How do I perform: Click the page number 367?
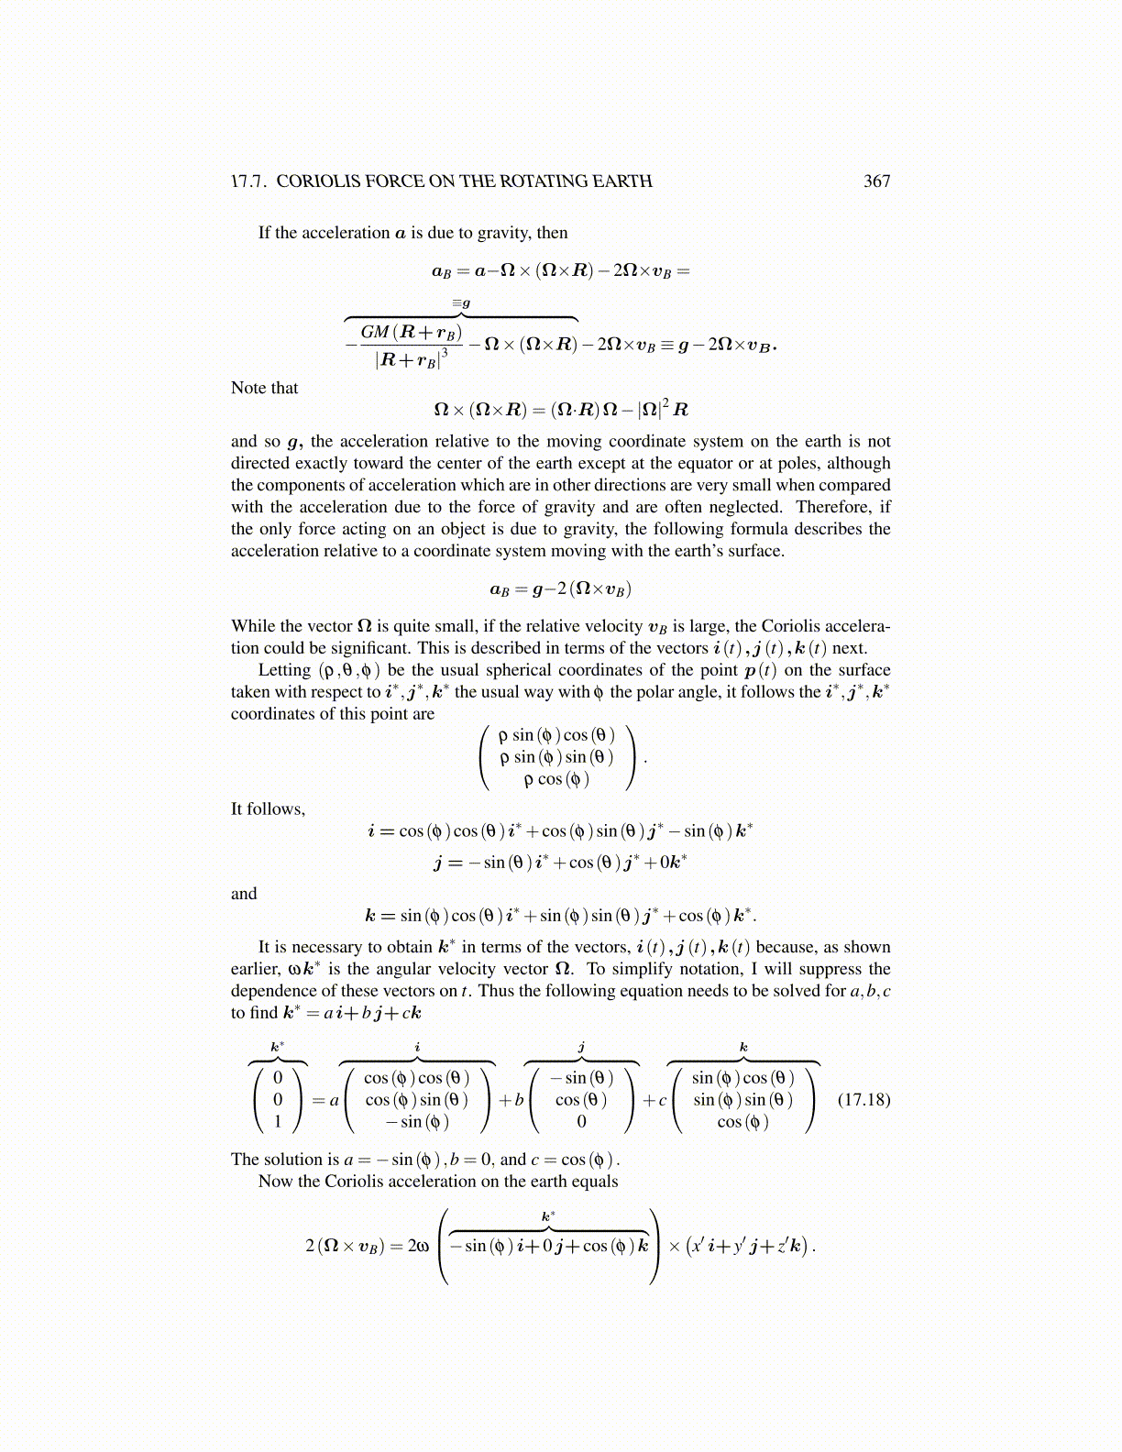[876, 181]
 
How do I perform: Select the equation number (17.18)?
[863, 1099]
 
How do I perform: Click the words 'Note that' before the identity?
[264, 388]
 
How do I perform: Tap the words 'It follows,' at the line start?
[268, 808]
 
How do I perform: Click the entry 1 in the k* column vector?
[278, 1121]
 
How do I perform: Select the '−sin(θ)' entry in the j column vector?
[582, 1078]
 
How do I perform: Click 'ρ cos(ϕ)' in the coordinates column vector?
[556, 779]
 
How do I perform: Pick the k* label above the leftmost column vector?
[277, 1047]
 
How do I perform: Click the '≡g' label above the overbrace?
[461, 302]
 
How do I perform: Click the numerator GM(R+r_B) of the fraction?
[412, 332]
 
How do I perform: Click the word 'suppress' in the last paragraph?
[830, 969]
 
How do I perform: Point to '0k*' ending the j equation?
[673, 862]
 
